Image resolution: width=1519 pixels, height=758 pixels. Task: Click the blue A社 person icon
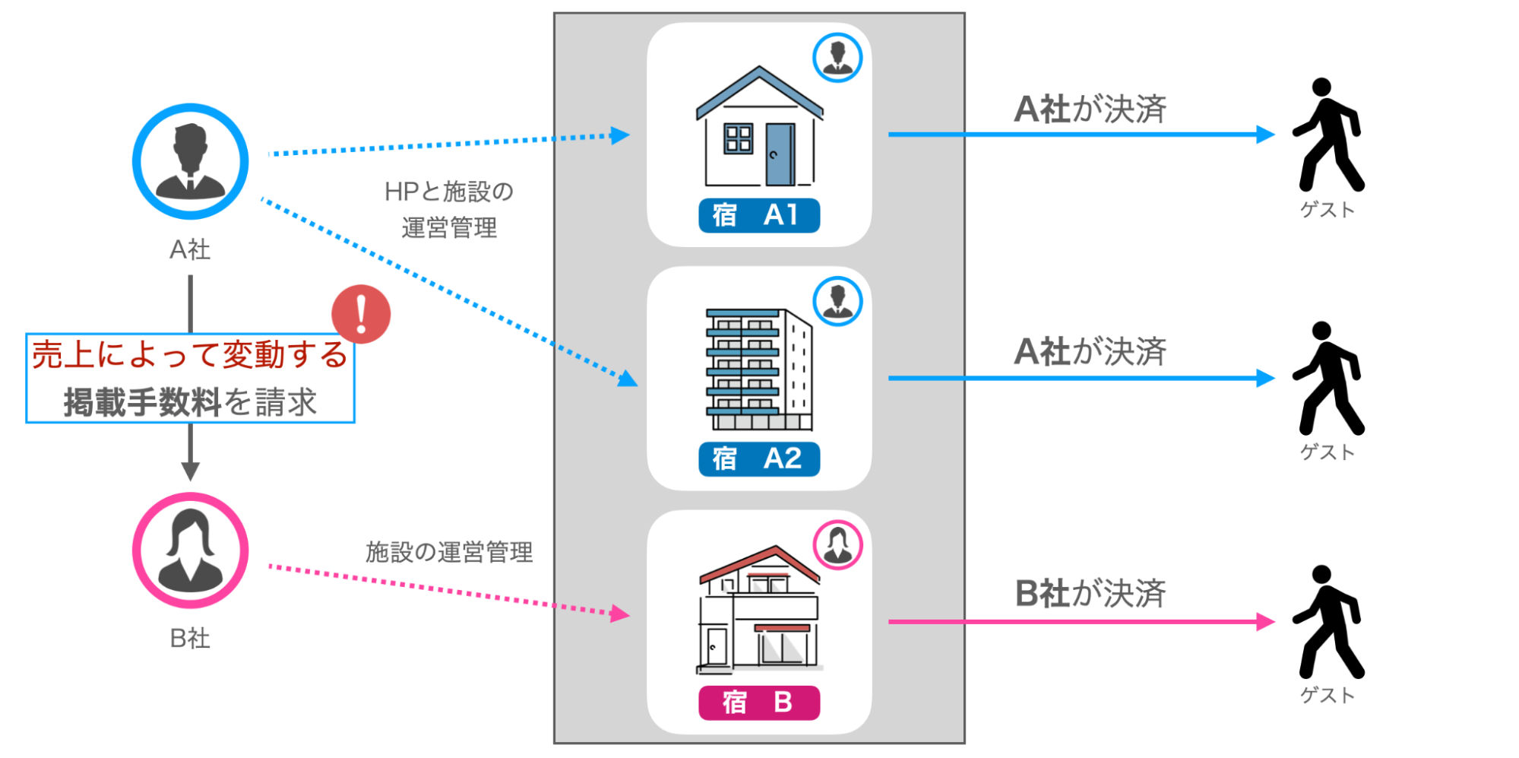coord(190,161)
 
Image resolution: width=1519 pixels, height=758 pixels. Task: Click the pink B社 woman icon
coord(190,550)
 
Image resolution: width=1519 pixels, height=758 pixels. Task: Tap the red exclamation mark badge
coord(361,314)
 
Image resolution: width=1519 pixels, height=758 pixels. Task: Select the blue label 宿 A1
coord(758,215)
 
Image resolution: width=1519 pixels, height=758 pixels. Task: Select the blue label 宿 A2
coord(758,459)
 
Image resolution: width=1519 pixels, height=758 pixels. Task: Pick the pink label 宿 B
coord(758,702)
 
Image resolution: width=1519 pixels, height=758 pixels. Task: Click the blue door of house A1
coord(779,154)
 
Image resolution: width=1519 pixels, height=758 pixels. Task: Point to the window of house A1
coord(738,138)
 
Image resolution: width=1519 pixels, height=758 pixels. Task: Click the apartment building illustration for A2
coord(758,369)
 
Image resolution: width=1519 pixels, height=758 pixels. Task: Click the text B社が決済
coord(1090,594)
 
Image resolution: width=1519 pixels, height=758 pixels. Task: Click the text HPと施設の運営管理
coord(449,209)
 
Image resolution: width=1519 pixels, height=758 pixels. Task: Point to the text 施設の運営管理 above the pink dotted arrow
coord(449,552)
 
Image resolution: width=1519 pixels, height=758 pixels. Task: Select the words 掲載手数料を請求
coord(190,402)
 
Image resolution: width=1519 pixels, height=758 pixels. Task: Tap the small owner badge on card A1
coord(837,58)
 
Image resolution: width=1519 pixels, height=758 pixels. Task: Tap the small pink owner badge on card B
coord(837,544)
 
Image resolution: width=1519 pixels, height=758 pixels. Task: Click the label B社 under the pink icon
coord(190,639)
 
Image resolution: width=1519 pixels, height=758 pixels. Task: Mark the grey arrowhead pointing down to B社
coord(190,471)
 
